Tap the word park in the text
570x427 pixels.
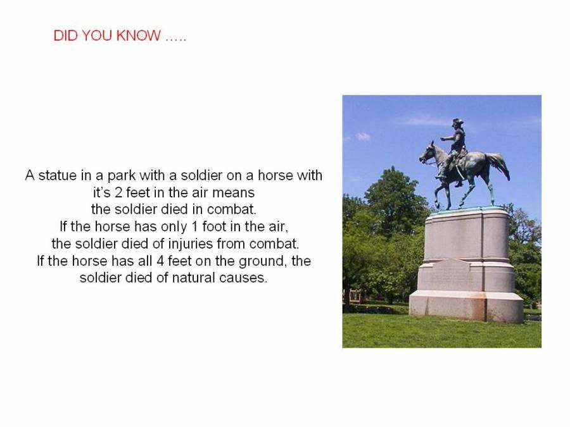[122, 176]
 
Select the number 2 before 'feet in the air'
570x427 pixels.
[118, 192]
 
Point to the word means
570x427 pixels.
[233, 192]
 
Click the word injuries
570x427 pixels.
[190, 244]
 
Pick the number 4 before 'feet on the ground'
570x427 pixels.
[161, 261]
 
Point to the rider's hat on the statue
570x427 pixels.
[457, 122]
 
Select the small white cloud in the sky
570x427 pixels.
[363, 137]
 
